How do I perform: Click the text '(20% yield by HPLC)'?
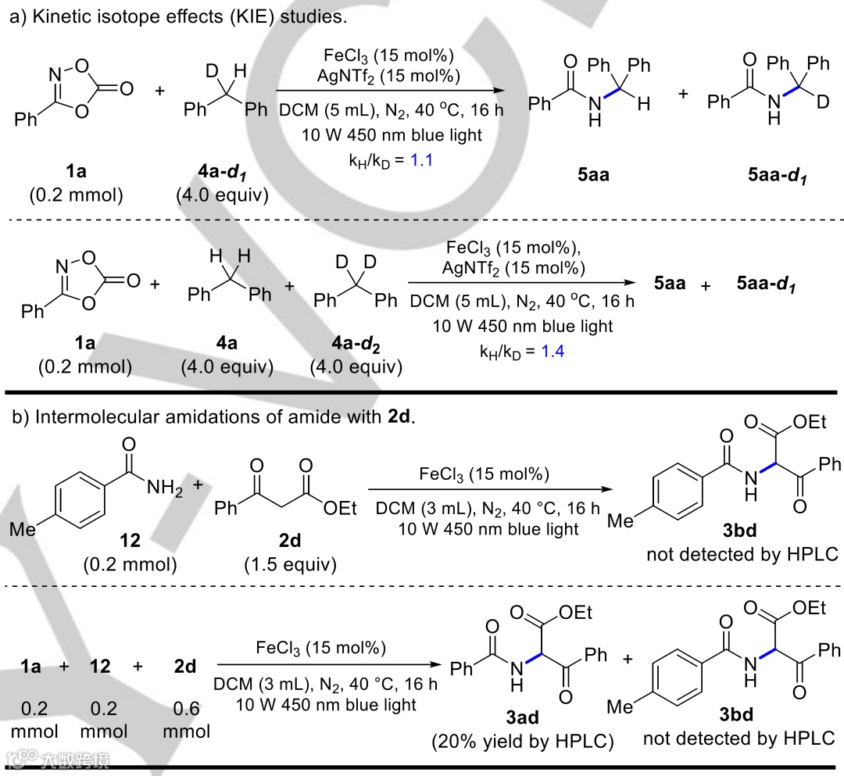point(522,742)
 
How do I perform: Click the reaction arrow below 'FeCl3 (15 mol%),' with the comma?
point(520,283)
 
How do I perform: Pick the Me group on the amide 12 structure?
point(24,528)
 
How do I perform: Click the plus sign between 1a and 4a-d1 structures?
point(160,91)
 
